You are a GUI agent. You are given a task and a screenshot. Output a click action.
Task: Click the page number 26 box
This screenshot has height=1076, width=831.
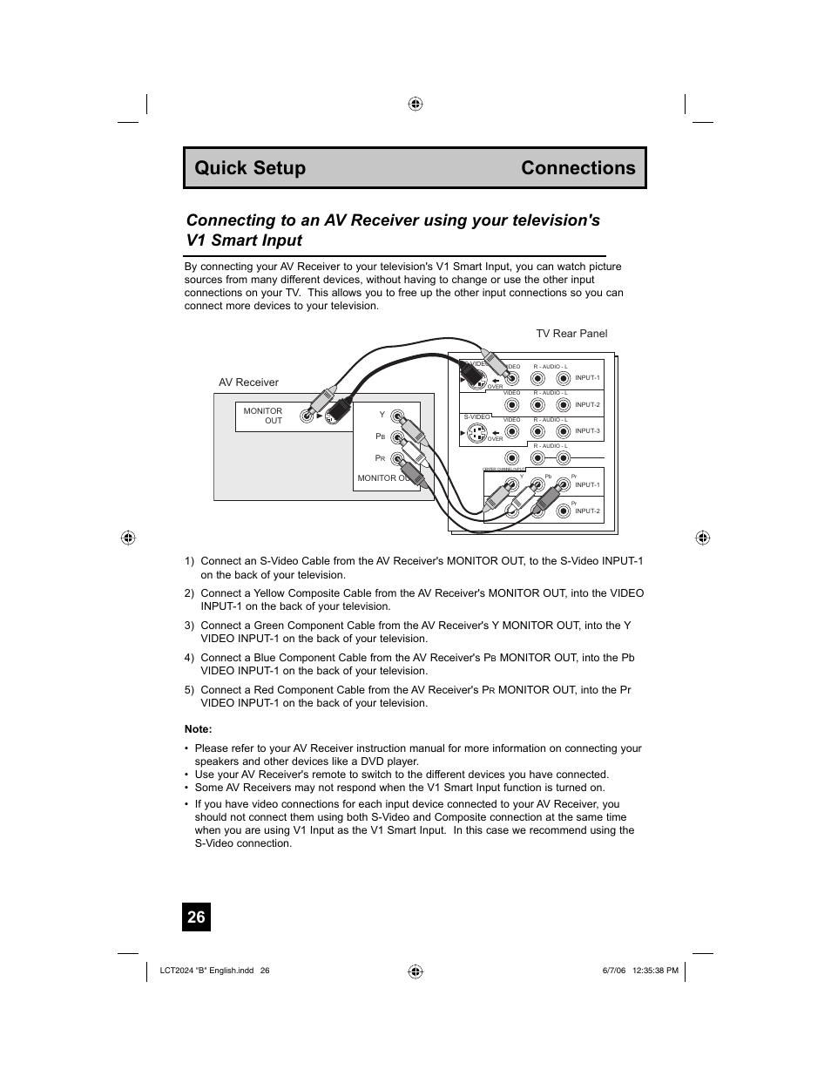[x=197, y=917]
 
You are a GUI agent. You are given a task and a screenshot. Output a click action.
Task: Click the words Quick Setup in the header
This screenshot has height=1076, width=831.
[x=250, y=168]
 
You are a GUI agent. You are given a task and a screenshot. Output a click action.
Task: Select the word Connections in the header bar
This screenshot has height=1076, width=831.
[x=578, y=168]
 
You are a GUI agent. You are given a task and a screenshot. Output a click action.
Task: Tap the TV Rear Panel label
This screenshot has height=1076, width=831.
[x=571, y=334]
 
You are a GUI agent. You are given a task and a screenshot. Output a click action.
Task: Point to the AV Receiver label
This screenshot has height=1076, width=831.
[x=248, y=382]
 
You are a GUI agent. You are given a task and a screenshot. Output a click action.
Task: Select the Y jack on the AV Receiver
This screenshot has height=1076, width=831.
[x=397, y=416]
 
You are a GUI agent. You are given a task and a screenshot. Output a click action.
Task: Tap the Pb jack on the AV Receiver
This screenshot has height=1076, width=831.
[x=397, y=437]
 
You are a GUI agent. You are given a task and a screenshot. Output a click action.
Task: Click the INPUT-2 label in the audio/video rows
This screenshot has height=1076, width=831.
[x=587, y=405]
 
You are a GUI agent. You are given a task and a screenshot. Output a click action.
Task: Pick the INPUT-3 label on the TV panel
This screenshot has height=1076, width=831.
[x=587, y=431]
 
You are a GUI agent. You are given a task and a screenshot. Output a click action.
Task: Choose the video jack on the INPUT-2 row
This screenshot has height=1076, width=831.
[x=512, y=405]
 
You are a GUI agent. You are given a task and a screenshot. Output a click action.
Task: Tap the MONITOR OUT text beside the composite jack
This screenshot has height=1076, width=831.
[x=263, y=416]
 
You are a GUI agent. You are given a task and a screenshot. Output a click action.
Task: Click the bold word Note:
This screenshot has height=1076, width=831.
[x=199, y=729]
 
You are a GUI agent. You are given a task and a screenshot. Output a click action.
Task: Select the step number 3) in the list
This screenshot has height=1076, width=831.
[x=189, y=626]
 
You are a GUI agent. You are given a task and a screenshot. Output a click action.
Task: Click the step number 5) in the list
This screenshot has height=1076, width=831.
[x=189, y=690]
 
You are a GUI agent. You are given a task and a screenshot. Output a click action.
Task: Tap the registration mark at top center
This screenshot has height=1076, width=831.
[x=415, y=104]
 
